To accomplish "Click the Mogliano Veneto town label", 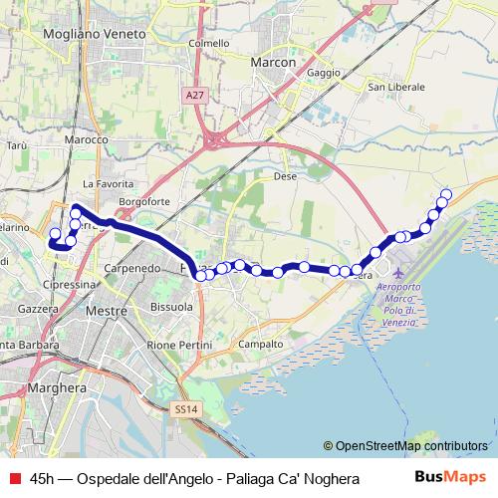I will coord(95,33).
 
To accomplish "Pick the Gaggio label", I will coord(324,73).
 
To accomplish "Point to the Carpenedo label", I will coord(133,269).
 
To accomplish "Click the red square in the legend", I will coord(13,479).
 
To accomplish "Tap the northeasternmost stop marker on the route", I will coord(446,194).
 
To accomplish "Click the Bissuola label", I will coord(171,307).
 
